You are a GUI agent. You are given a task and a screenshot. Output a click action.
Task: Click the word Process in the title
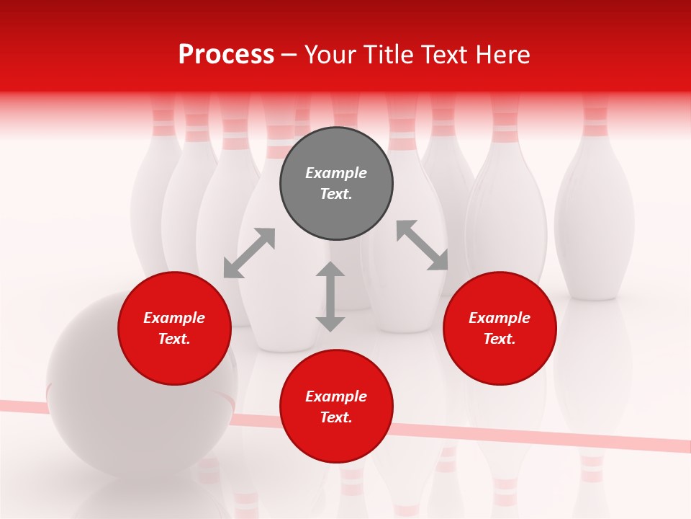click(226, 55)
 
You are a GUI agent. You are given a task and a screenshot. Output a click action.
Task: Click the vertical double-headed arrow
click(330, 296)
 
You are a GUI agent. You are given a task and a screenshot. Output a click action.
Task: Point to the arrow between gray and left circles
click(249, 253)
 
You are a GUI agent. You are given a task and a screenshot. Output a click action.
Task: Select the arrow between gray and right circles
click(422, 245)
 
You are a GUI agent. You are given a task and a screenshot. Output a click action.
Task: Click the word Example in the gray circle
click(336, 173)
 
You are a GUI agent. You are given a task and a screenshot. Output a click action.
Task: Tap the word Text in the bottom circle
click(335, 417)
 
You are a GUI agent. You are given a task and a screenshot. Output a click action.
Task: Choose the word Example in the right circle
click(500, 318)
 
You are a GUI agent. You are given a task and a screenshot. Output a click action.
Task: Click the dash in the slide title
click(289, 56)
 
